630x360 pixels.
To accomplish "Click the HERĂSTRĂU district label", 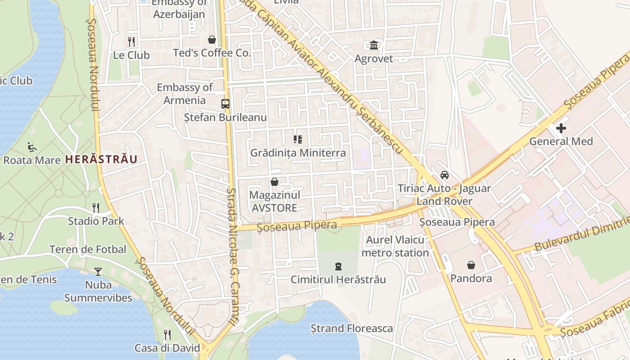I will click(x=101, y=159).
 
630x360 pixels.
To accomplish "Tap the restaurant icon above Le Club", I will click(x=131, y=42).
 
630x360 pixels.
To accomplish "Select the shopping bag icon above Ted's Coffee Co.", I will click(x=212, y=40).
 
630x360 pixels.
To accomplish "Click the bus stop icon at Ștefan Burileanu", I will click(x=225, y=104).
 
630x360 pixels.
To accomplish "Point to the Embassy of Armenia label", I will click(x=185, y=94).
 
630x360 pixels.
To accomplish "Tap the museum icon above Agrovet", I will click(x=374, y=45).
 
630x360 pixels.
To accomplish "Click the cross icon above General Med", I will click(x=561, y=128).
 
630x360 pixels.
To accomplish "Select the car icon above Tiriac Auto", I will click(x=445, y=175).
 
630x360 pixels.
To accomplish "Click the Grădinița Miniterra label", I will click(x=298, y=153).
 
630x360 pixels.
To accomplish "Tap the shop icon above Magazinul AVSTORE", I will click(x=274, y=182).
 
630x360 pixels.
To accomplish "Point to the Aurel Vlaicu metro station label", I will click(x=395, y=246).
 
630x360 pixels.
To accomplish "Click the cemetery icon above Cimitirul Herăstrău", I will click(x=338, y=266).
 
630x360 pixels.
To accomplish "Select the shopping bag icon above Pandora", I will click(x=471, y=265).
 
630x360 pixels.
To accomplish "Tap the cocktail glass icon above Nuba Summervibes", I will click(x=98, y=271).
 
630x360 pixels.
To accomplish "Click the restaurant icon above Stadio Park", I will click(x=96, y=207).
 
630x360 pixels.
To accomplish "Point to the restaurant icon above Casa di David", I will click(x=167, y=334).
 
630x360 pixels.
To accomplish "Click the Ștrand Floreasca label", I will click(x=352, y=328).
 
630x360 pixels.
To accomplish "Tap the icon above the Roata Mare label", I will click(x=31, y=147).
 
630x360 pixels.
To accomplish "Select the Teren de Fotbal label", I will click(x=88, y=249).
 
